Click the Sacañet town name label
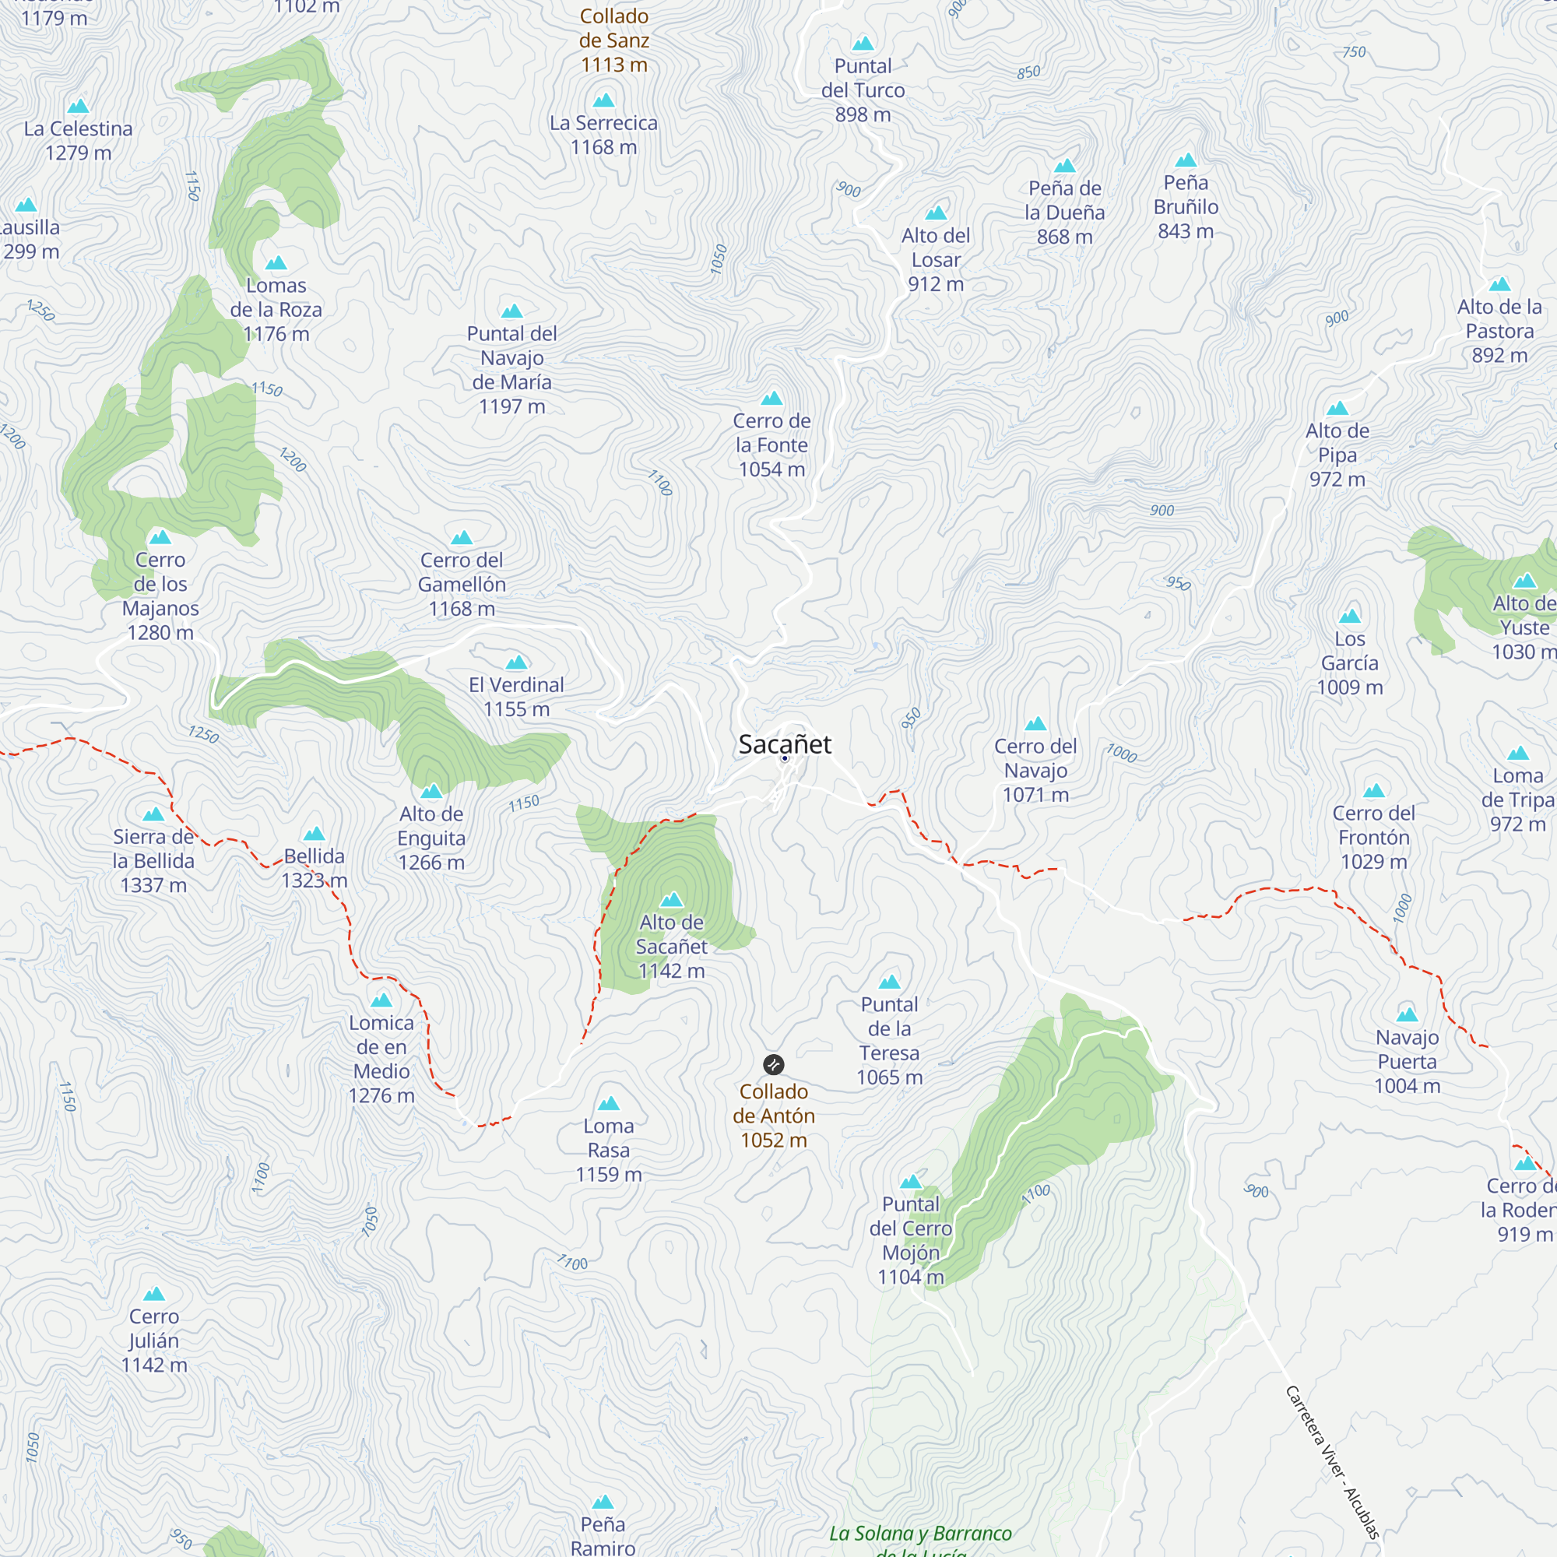[784, 743]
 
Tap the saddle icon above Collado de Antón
[773, 1064]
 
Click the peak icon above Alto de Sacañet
[671, 899]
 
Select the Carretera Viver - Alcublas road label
[1331, 1462]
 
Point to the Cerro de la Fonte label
[771, 445]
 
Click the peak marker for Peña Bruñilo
[1186, 160]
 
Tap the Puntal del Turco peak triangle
[863, 44]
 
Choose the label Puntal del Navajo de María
[511, 370]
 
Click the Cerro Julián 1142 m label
[154, 1341]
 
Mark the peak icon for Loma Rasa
[609, 1103]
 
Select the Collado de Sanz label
[614, 40]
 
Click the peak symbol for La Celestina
[78, 107]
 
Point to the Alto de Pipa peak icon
[1337, 409]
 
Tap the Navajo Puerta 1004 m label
[1407, 1061]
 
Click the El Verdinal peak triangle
[517, 663]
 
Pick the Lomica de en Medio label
[381, 1059]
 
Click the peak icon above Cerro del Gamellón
[461, 537]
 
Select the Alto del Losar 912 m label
[936, 259]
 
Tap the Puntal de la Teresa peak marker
[889, 982]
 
